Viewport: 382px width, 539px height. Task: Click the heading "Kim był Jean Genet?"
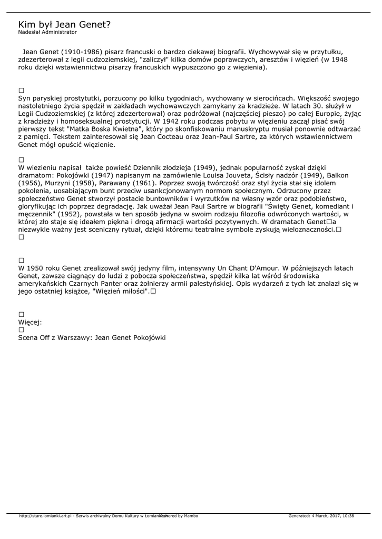(64, 24)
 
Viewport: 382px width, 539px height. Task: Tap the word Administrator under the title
(60, 32)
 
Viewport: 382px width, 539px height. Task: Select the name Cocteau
(166, 137)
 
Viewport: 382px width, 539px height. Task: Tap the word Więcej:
(30, 322)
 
